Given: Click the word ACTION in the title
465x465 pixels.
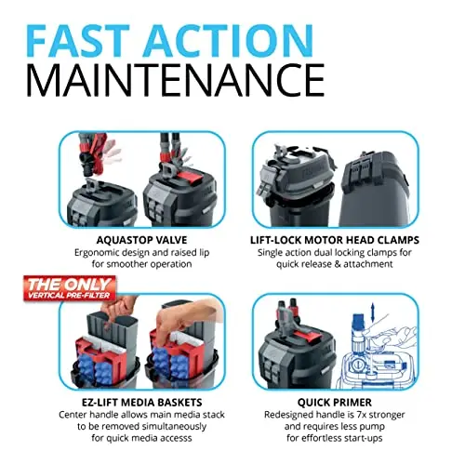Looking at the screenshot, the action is click(228, 40).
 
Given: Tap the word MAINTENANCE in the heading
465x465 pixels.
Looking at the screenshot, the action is click(176, 80).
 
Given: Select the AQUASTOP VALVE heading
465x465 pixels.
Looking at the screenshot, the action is click(141, 240).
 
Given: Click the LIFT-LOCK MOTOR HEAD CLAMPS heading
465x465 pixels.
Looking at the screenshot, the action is click(335, 240).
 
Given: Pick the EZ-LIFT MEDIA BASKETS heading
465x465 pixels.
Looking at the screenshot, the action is click(142, 402).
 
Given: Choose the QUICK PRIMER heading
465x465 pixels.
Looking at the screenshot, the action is click(335, 403).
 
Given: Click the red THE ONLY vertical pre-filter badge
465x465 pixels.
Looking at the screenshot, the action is click(70, 288).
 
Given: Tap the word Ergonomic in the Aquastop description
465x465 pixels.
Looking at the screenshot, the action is click(97, 253).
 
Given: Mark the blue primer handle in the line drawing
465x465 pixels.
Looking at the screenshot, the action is click(358, 321).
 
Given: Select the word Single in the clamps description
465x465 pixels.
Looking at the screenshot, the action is click(270, 253).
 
